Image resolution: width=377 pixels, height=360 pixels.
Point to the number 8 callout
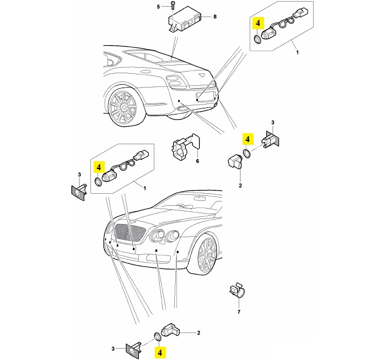pos(214,17)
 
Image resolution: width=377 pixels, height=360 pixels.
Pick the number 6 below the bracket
pos(197,161)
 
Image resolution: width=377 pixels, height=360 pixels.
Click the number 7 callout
pos(239,312)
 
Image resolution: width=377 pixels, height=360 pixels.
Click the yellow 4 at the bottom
pos(160,351)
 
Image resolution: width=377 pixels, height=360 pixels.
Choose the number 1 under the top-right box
pos(298,52)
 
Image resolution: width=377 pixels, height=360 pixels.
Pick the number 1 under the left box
pos(145,189)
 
